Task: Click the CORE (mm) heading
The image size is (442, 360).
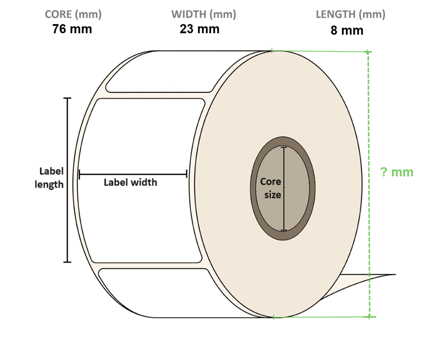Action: (x=73, y=14)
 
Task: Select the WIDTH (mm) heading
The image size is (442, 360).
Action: (x=203, y=14)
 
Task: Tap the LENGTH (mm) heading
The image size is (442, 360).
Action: (x=350, y=14)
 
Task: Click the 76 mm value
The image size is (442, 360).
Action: (x=72, y=29)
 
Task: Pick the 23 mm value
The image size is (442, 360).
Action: (x=199, y=29)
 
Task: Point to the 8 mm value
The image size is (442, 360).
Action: (x=347, y=31)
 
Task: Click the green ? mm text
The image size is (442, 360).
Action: (x=397, y=172)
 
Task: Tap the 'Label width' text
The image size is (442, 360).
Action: (x=130, y=182)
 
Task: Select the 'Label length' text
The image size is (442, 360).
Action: (x=50, y=178)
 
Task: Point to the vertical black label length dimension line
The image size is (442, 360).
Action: (x=67, y=216)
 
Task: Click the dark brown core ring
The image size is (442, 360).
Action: (x=256, y=190)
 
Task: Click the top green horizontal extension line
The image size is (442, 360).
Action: (x=319, y=51)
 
